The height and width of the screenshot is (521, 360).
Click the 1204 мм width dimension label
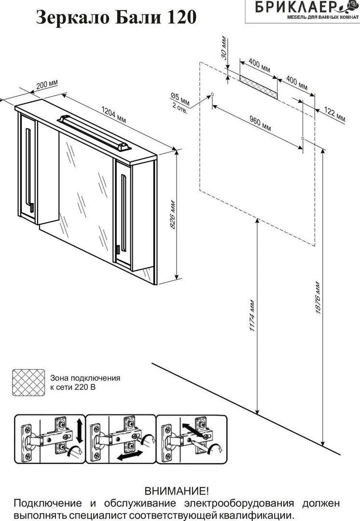(x=113, y=114)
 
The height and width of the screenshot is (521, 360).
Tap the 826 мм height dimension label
(x=173, y=215)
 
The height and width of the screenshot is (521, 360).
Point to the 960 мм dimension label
(x=260, y=123)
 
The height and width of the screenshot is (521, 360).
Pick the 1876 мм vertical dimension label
(x=318, y=298)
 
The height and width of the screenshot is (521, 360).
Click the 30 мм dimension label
(x=225, y=47)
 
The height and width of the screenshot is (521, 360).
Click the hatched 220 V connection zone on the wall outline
(x=258, y=86)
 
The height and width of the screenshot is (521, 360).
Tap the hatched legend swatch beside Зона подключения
(x=28, y=383)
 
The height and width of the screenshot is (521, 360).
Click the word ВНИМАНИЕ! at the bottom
(x=177, y=491)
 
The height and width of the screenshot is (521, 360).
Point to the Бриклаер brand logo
(x=303, y=10)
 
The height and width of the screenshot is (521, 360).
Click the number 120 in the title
(x=182, y=17)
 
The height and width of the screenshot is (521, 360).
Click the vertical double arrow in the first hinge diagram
(x=80, y=431)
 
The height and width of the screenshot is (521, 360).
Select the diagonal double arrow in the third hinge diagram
(x=193, y=430)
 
